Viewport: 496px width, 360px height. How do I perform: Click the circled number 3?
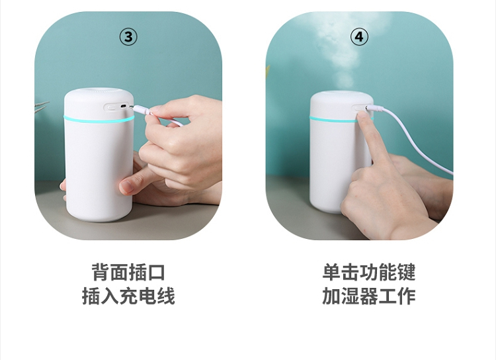[128, 37]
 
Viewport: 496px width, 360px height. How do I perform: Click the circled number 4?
[359, 37]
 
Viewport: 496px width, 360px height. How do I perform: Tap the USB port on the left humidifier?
[124, 106]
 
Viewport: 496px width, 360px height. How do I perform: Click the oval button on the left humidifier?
[111, 108]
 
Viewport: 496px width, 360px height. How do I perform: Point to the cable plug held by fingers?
[142, 111]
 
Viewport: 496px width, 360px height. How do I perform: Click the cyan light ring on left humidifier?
[99, 119]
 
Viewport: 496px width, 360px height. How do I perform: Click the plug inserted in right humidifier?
[374, 109]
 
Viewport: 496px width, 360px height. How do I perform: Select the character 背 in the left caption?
[101, 272]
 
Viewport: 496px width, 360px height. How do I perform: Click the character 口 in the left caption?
[156, 272]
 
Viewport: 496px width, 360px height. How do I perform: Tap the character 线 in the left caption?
[166, 296]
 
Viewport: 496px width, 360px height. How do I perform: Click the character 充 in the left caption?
[128, 296]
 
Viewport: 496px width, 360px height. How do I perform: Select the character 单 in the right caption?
[331, 272]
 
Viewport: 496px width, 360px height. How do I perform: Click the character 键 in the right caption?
[406, 272]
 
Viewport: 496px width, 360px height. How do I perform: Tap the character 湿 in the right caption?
[350, 296]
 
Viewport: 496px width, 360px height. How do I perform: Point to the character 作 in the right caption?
[406, 296]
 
